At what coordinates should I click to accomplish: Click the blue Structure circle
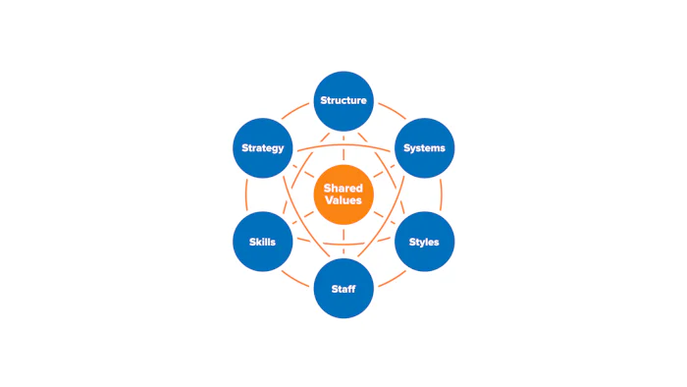343,100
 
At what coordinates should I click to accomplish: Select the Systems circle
424,148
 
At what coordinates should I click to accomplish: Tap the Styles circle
424,242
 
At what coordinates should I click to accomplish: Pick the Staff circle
343,289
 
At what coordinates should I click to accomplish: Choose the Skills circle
262,242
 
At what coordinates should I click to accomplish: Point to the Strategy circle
263,148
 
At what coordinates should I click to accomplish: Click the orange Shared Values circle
343,193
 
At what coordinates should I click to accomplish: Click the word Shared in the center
343,188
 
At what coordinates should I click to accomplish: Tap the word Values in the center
343,200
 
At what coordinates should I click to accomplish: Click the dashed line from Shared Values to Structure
343,147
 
